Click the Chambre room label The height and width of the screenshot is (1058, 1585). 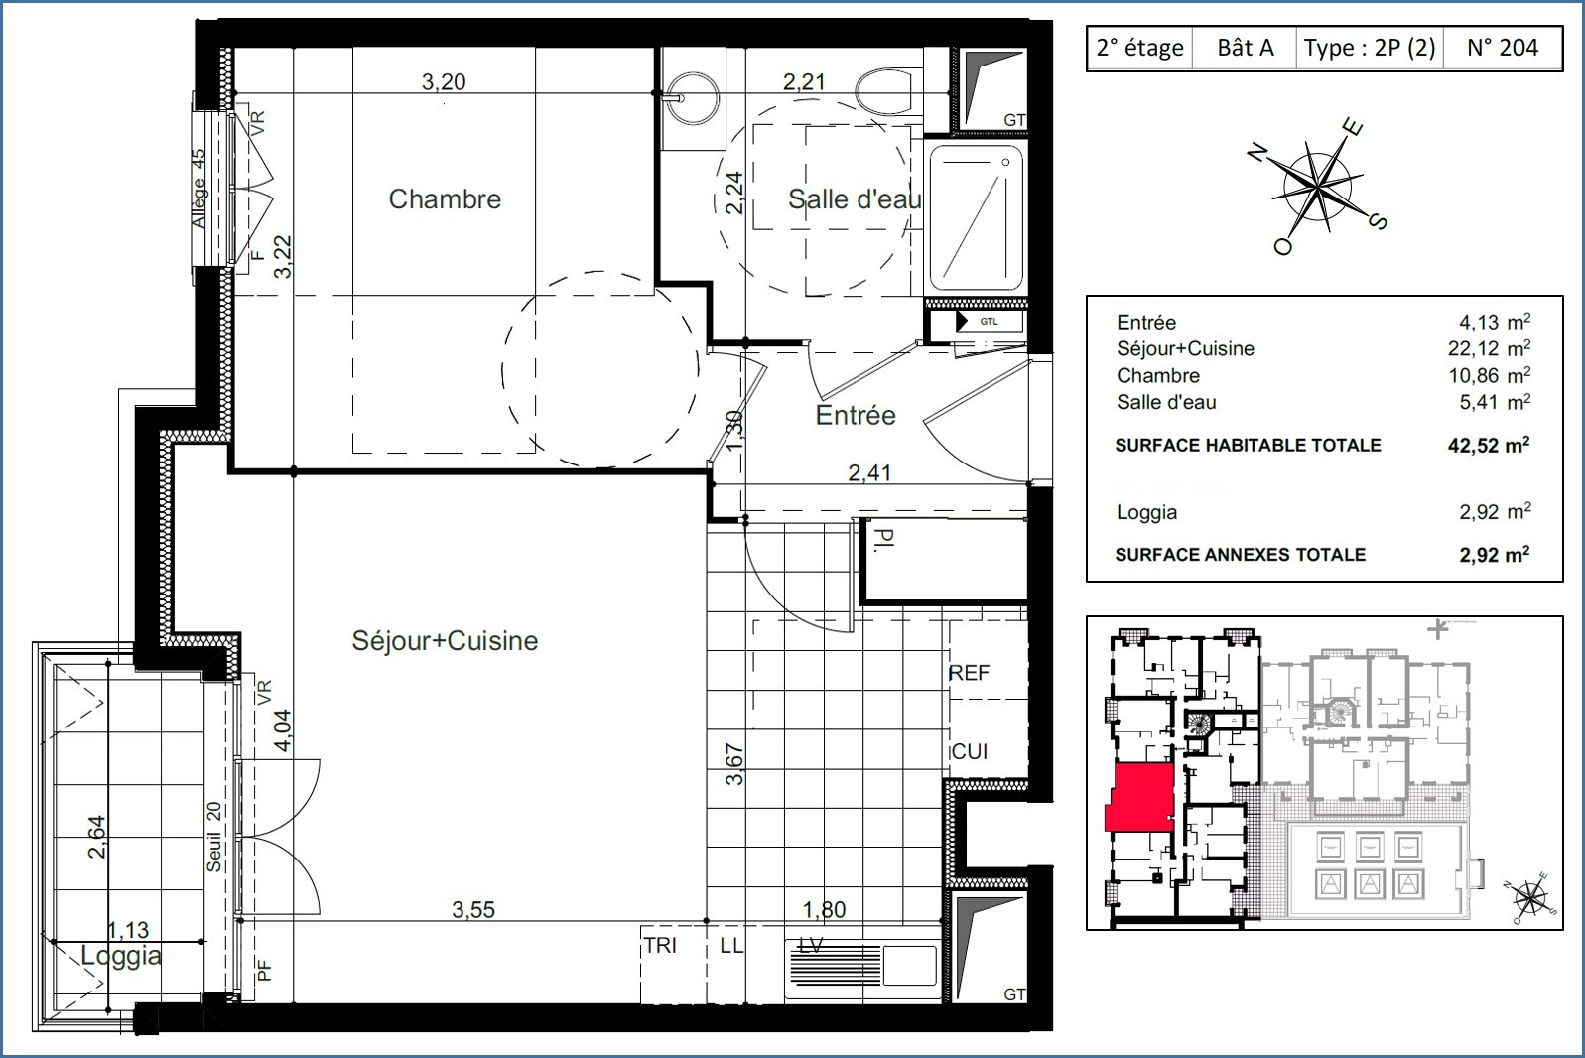[445, 199]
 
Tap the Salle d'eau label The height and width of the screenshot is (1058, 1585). [854, 199]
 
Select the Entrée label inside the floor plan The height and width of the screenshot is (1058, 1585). [856, 415]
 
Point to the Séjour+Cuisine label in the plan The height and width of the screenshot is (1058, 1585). [445, 641]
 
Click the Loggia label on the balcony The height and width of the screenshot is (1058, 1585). [121, 957]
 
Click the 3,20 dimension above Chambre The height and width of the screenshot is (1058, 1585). [444, 82]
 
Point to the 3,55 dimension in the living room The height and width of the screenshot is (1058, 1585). [473, 909]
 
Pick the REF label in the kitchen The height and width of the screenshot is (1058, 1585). [969, 673]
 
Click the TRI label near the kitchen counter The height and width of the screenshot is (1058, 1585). [660, 946]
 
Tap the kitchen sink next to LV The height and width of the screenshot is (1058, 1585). [908, 969]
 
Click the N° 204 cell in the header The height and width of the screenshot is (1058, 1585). [1502, 48]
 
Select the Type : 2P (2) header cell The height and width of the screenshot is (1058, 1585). [1370, 48]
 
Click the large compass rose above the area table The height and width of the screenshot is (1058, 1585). [1317, 186]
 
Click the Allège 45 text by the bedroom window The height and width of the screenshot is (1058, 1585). [198, 189]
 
